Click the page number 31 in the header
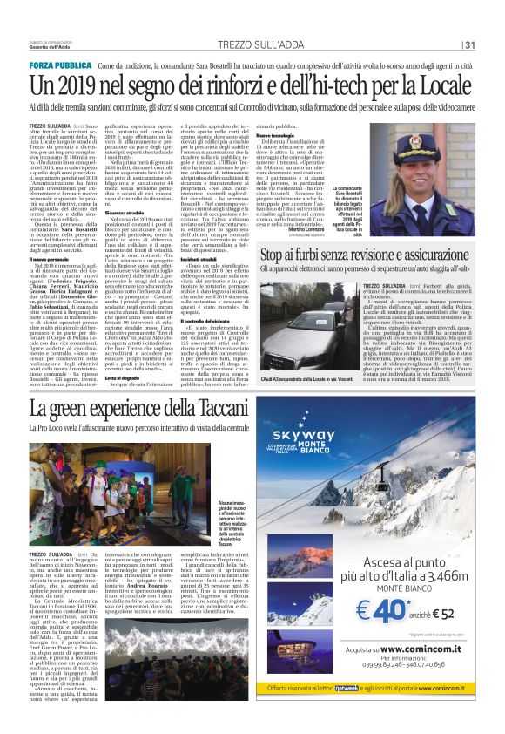[469, 45]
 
